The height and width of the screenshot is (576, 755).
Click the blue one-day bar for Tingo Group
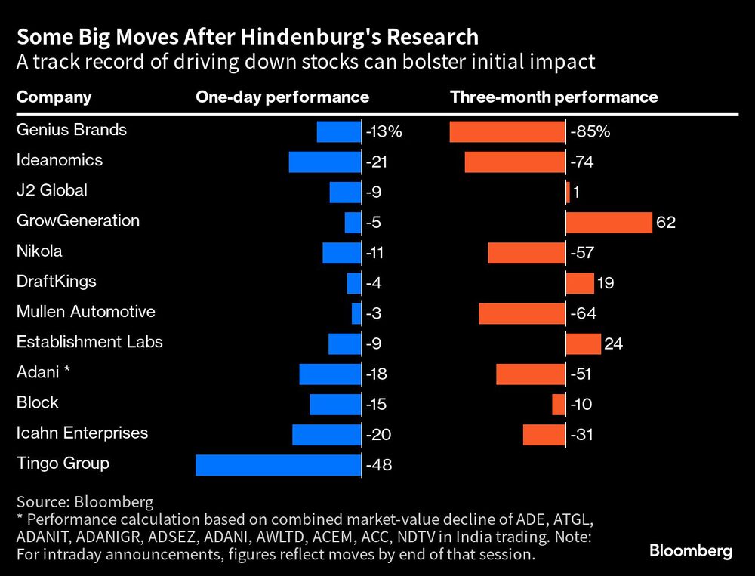(278, 465)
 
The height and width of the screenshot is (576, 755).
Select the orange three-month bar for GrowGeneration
(609, 223)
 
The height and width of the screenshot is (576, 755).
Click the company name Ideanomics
(60, 160)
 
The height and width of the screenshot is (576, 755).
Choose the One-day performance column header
(282, 97)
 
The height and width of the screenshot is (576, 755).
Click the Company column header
(54, 97)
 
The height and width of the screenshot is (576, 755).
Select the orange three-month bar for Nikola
(526, 253)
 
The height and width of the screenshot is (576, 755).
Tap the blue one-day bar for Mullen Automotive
(356, 313)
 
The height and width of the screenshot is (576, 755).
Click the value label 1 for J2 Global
(576, 193)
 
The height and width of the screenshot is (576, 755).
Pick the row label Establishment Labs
(90, 342)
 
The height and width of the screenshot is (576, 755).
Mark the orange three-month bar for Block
(559, 405)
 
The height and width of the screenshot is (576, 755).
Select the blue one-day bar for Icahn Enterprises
(326, 435)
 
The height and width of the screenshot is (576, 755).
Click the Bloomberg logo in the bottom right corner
(691, 551)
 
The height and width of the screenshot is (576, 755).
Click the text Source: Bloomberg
(85, 501)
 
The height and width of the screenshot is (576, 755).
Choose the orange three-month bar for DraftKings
(580, 283)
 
